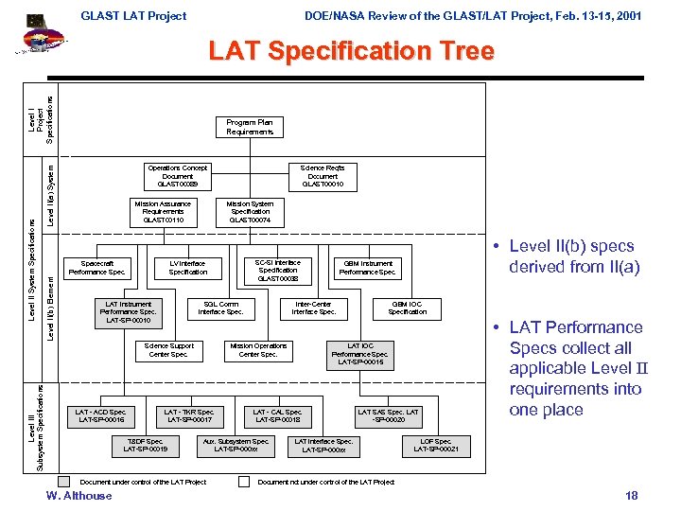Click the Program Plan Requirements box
tap(250, 128)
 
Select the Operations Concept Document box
tap(178, 176)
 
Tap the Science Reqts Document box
tap(323, 176)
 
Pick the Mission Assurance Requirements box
tap(163, 212)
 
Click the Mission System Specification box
tap(250, 212)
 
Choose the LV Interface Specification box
tap(187, 268)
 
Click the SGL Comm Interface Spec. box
tap(220, 308)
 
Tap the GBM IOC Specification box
tap(407, 308)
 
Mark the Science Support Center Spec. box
tap(169, 350)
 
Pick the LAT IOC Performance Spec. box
tap(360, 354)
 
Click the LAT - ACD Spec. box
tap(101, 415)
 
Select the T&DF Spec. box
tap(146, 445)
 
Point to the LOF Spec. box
tap(436, 445)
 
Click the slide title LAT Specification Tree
tap(351, 51)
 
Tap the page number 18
tap(632, 496)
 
